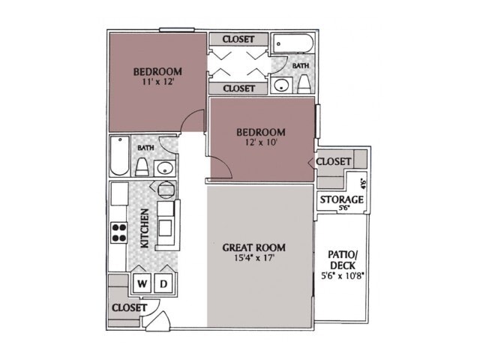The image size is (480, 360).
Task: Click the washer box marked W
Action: coord(142,284)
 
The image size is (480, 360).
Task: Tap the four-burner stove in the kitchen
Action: coord(119,232)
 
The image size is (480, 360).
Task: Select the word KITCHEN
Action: coord(144,229)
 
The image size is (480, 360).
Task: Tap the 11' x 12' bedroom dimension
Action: coord(157,83)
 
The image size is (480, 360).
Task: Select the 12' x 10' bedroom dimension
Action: coord(260,144)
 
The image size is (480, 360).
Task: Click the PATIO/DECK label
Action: coord(341,259)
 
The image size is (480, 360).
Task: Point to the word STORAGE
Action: coord(342,199)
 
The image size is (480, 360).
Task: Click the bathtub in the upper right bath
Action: coord(293,46)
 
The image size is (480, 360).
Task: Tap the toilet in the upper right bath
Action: coord(304,83)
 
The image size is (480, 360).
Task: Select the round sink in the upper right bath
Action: coord(282,85)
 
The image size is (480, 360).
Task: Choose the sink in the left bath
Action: coord(166,166)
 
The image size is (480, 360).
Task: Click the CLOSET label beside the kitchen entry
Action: coord(128,307)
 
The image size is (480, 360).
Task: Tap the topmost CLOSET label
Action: coord(238,39)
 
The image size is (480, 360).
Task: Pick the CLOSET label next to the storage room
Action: coord(334,161)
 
